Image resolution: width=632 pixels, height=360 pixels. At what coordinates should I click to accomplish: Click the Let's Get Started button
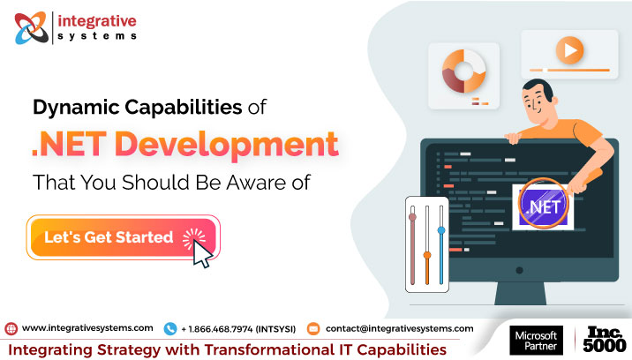pyautogui.click(x=124, y=237)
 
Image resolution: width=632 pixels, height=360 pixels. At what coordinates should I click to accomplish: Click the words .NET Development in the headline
pyautogui.click(x=184, y=145)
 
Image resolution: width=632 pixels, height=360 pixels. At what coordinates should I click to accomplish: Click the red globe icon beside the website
pyautogui.click(x=11, y=328)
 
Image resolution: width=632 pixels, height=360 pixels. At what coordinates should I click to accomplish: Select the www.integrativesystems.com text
pyautogui.click(x=87, y=328)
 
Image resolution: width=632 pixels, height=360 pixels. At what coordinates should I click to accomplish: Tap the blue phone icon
pyautogui.click(x=170, y=328)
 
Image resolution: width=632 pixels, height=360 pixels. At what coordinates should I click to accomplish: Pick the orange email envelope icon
pyautogui.click(x=312, y=328)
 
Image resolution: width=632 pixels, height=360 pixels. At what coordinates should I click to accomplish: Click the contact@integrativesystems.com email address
pyautogui.click(x=399, y=328)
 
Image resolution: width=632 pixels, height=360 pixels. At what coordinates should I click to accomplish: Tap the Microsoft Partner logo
pyautogui.click(x=534, y=341)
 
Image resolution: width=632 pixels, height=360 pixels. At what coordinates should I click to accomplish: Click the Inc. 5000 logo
pyautogui.click(x=605, y=341)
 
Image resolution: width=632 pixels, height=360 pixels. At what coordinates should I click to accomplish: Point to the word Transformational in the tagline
pyautogui.click(x=273, y=349)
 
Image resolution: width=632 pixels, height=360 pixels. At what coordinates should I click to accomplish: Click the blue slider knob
pyautogui.click(x=441, y=231)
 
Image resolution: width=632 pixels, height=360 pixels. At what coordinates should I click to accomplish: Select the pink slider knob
pyautogui.click(x=412, y=214)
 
